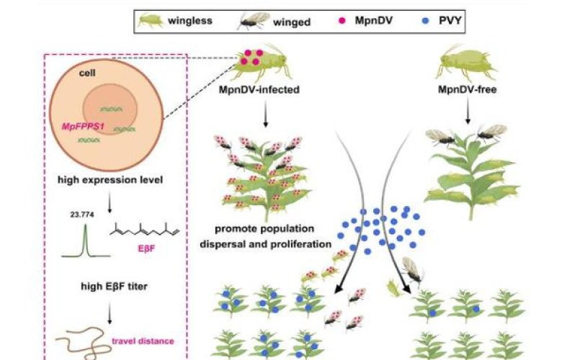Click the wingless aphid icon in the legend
click(x=151, y=21)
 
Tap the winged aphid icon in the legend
click(x=254, y=21)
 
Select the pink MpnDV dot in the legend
click(x=341, y=21)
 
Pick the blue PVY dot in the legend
click(x=426, y=21)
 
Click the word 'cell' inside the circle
click(x=87, y=73)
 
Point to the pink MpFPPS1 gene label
click(x=83, y=127)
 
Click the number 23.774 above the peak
click(x=82, y=215)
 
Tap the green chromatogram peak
click(x=86, y=241)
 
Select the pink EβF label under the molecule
click(x=146, y=248)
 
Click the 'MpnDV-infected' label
click(x=259, y=89)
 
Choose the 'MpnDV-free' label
click(x=467, y=89)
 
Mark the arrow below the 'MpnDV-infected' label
click(x=266, y=114)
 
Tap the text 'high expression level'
click(x=110, y=180)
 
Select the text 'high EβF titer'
click(x=115, y=287)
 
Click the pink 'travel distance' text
click(x=143, y=341)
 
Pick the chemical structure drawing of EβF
click(x=145, y=230)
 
